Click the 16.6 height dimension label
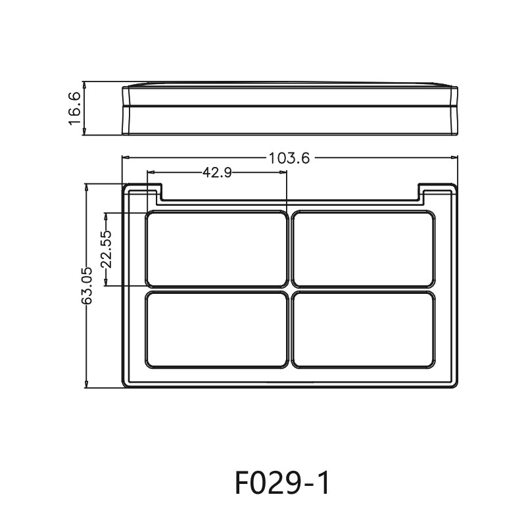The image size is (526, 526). click(74, 108)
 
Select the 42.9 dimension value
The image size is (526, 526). click(216, 172)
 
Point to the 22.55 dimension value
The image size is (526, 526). click(106, 249)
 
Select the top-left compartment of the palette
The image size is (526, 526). click(216, 249)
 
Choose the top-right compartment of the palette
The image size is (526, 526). click(362, 249)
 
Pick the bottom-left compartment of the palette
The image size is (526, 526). click(216, 330)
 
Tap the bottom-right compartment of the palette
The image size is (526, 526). click(362, 330)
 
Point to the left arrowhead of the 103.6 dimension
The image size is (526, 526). click(125, 157)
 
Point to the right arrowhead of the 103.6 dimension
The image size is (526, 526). click(455, 157)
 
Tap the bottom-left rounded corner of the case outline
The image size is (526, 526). click(127, 383)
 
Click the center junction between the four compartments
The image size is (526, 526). click(289, 290)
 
